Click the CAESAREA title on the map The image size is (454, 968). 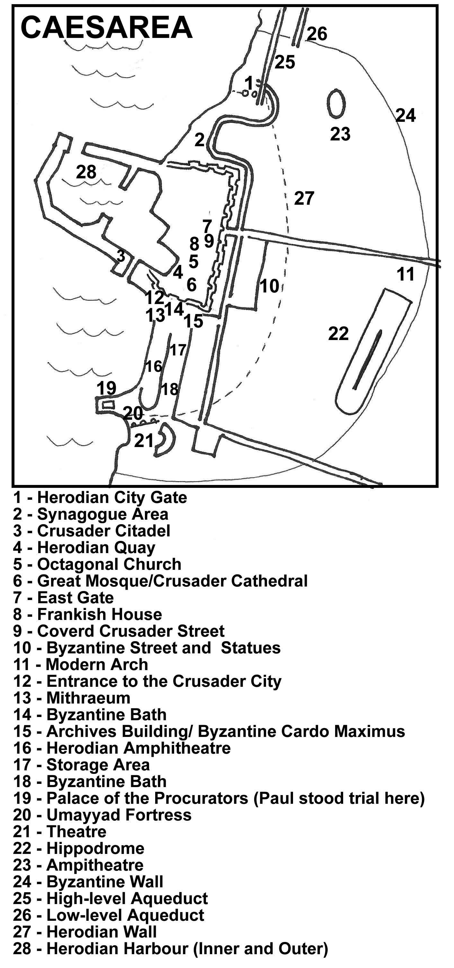point(106,28)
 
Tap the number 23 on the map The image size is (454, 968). point(340,134)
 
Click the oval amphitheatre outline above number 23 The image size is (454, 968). point(336,103)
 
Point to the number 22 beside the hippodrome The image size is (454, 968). point(338,334)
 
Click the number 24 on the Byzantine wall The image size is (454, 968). point(405,115)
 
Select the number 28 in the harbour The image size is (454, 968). point(86,172)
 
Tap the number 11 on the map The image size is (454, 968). point(405,274)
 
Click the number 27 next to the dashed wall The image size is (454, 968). point(304,198)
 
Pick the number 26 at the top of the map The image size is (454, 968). point(317,34)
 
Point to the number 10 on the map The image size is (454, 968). point(269,286)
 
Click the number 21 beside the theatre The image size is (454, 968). point(144,440)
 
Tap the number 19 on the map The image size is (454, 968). point(106,388)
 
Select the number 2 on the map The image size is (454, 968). point(200,140)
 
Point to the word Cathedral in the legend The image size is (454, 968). point(269,581)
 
